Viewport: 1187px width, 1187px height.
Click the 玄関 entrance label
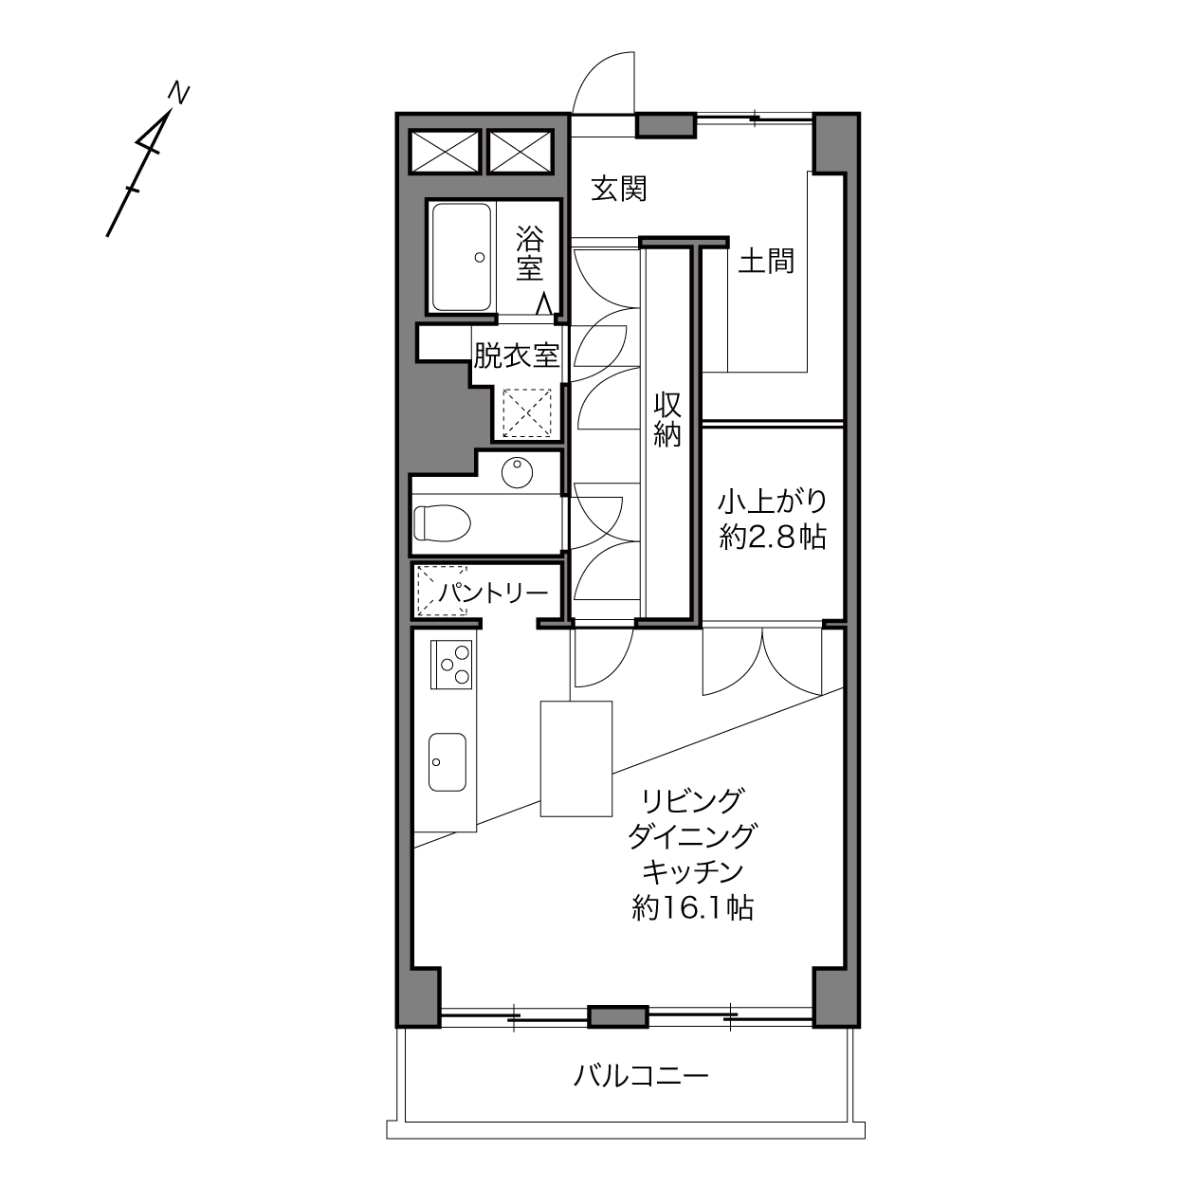click(x=618, y=189)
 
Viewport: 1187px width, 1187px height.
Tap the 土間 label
click(x=766, y=261)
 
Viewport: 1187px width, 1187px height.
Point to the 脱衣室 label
click(x=516, y=356)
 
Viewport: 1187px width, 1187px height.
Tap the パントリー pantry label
click(x=494, y=593)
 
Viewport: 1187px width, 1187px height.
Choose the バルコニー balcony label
click(x=641, y=1075)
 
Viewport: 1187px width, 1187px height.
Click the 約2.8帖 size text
click(x=773, y=538)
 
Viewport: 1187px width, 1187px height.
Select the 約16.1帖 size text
click(x=693, y=907)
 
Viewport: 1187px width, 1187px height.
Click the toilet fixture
click(x=442, y=523)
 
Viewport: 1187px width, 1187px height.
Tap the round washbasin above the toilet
click(x=517, y=472)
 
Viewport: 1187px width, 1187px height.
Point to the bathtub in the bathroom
click(x=462, y=258)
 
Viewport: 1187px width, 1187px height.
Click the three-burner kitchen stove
click(x=451, y=664)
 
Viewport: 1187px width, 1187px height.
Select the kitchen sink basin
click(x=447, y=762)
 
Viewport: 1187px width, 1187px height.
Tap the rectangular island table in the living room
click(x=575, y=758)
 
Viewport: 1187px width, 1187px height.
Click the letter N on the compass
click(x=178, y=94)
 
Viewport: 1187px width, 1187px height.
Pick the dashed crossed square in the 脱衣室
click(x=527, y=412)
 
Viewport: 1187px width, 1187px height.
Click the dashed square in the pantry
click(x=442, y=591)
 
